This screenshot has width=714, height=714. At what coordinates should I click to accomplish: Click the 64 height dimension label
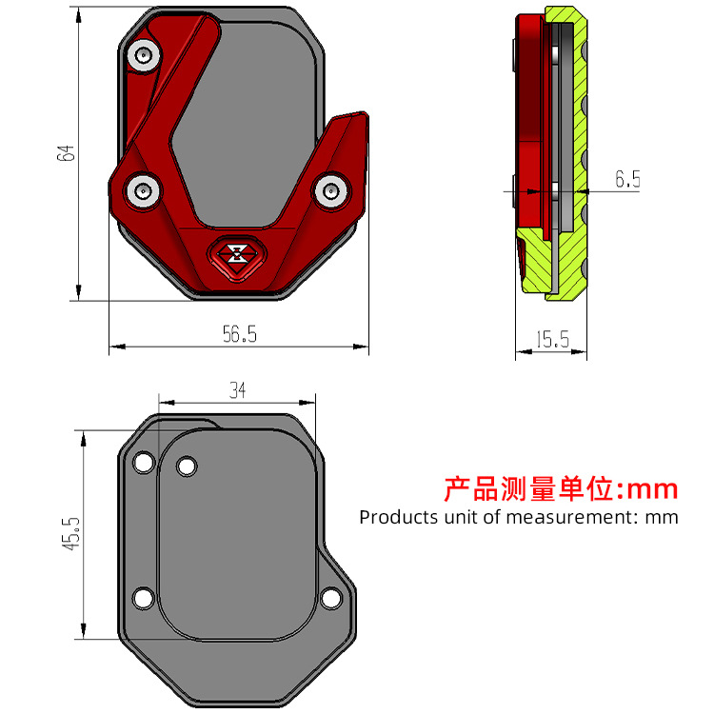point(66,153)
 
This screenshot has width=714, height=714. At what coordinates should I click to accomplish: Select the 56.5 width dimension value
point(240,334)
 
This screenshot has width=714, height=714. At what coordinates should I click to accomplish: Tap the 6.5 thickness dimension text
point(628,179)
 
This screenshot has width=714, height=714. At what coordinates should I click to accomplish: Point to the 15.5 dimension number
point(553,340)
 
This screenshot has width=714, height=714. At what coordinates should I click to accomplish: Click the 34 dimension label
point(238,390)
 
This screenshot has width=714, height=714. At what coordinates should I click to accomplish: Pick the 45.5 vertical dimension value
point(71,534)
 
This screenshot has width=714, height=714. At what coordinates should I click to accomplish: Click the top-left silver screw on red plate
point(144,55)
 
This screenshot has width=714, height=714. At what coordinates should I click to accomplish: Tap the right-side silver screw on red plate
point(332,190)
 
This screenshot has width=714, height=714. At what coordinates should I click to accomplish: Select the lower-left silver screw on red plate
point(144,190)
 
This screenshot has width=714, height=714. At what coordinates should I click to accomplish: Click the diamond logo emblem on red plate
point(237,257)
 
